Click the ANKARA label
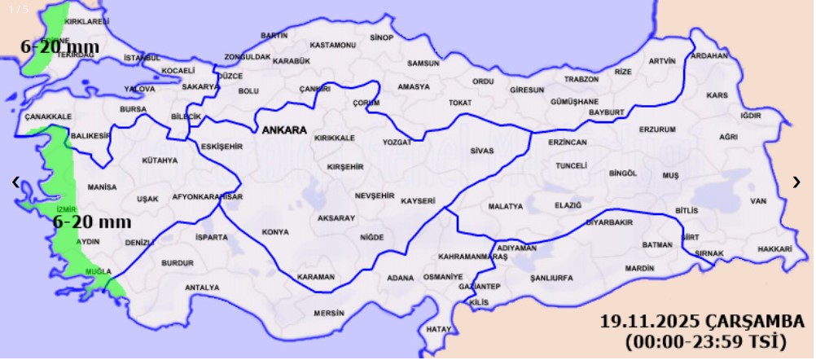click(x=283, y=130)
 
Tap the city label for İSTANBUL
click(x=142, y=59)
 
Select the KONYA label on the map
click(x=275, y=232)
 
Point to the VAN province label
click(x=758, y=200)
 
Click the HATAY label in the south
click(x=438, y=329)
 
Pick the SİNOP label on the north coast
click(x=381, y=37)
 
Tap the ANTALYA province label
click(x=202, y=288)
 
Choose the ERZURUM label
click(x=657, y=130)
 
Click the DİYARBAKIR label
click(x=609, y=222)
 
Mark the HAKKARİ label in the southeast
click(x=774, y=248)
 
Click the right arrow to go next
click(x=796, y=182)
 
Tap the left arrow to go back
click(x=15, y=182)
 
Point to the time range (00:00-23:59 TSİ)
click(x=705, y=341)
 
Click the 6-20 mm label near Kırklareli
click(x=59, y=46)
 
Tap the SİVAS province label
click(x=482, y=151)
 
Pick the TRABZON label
click(x=581, y=80)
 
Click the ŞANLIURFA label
click(x=551, y=278)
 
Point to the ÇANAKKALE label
click(x=48, y=117)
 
